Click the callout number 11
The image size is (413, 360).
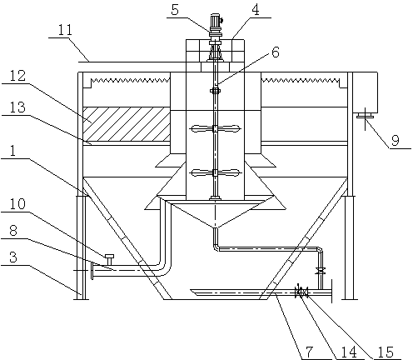click(65, 30)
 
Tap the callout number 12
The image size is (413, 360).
click(18, 75)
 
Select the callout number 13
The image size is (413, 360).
click(17, 107)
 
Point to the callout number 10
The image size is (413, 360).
click(17, 203)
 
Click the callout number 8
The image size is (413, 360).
click(13, 230)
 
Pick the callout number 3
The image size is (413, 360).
click(13, 257)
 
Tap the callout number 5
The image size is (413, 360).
click(175, 10)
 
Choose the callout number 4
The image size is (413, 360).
click(256, 10)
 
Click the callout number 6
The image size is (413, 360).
click(276, 52)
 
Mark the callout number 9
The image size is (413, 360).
click(396, 140)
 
